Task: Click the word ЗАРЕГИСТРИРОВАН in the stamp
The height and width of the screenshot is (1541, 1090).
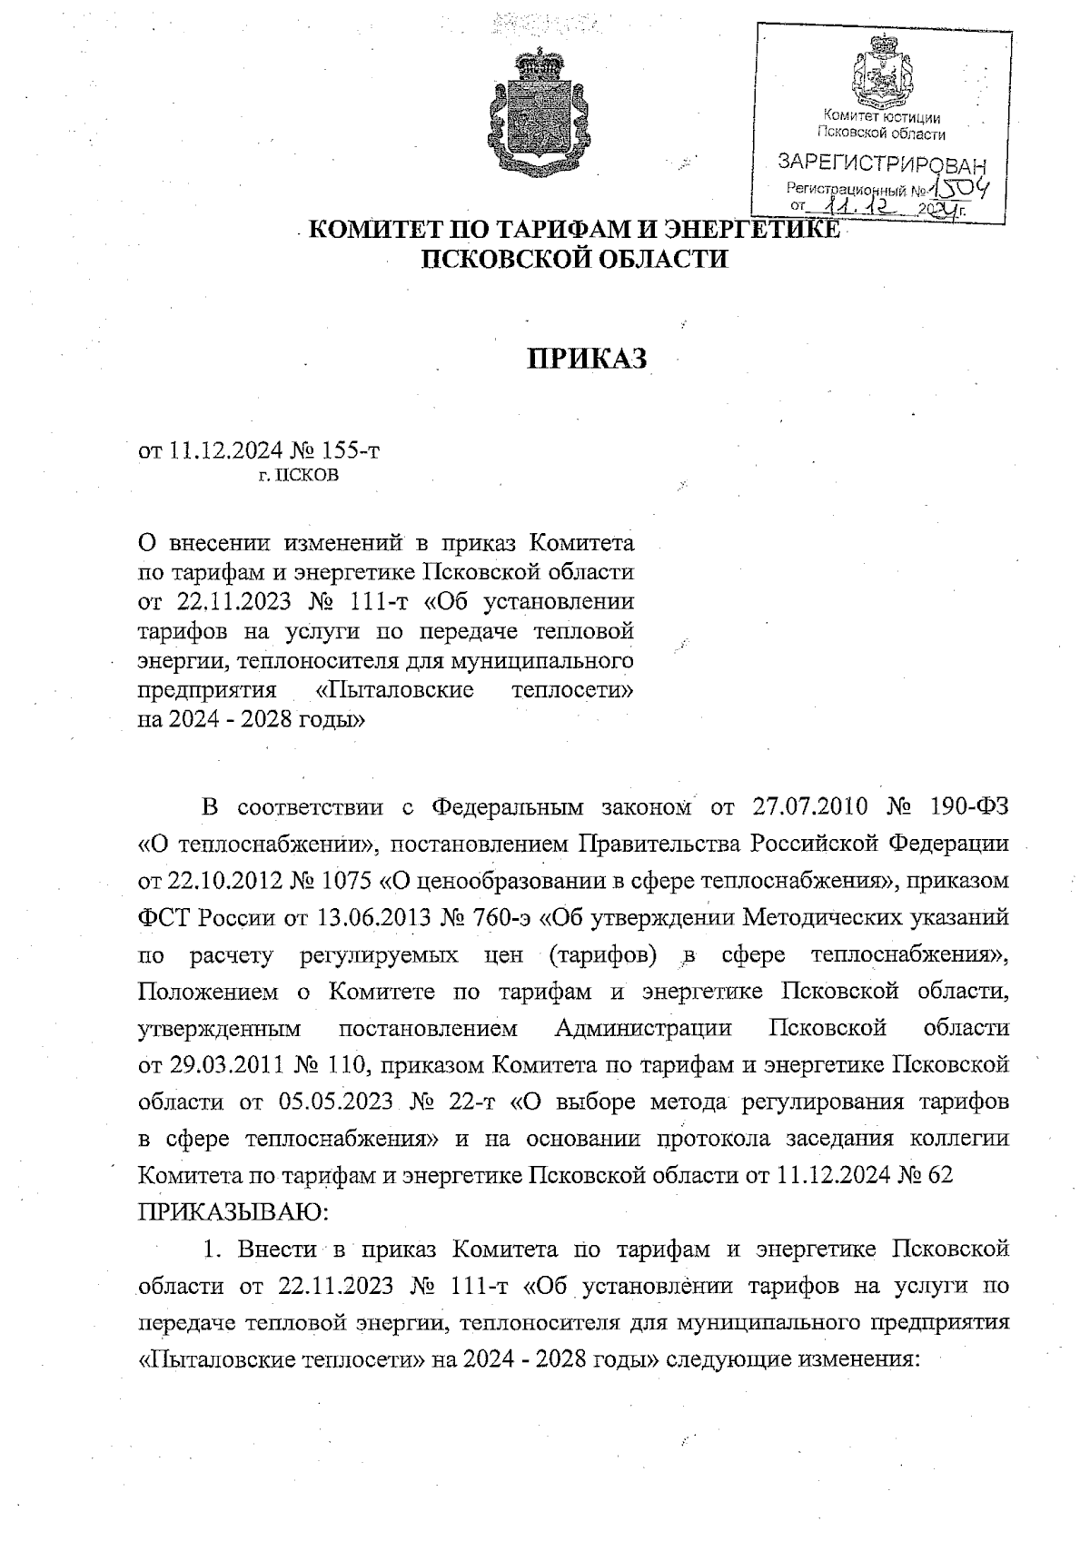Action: (x=881, y=164)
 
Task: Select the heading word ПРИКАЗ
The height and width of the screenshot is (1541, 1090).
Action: (x=588, y=360)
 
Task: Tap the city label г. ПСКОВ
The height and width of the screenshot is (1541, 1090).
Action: (x=298, y=475)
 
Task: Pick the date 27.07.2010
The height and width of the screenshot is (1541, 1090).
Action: (x=811, y=807)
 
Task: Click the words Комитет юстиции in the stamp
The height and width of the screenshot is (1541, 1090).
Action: (x=881, y=117)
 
